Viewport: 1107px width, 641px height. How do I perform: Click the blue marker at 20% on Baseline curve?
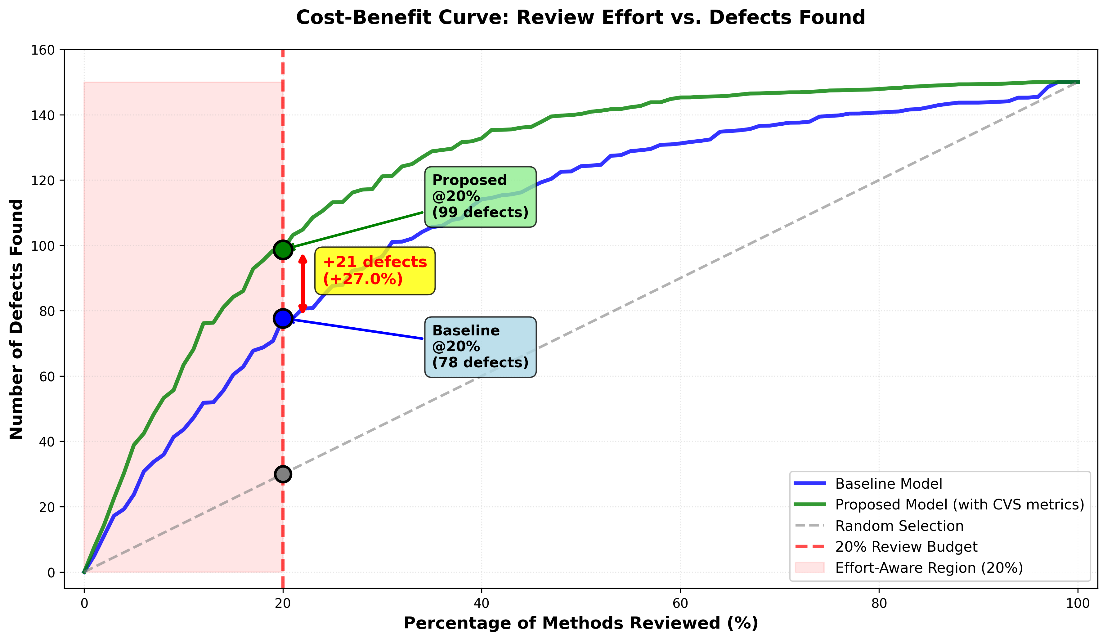click(x=283, y=318)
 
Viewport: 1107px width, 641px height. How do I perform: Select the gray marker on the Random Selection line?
click(x=283, y=474)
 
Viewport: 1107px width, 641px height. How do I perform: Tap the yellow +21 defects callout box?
click(x=375, y=271)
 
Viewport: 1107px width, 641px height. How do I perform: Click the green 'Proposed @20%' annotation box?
click(x=480, y=196)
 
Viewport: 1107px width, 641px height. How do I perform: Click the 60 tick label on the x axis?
click(x=680, y=603)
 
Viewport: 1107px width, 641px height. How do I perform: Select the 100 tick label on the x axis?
click(x=1077, y=603)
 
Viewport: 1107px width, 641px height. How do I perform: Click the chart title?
click(x=580, y=18)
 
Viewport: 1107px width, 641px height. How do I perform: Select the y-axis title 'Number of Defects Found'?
click(x=17, y=319)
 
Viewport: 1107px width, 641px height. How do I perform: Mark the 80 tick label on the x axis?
click(x=879, y=603)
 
